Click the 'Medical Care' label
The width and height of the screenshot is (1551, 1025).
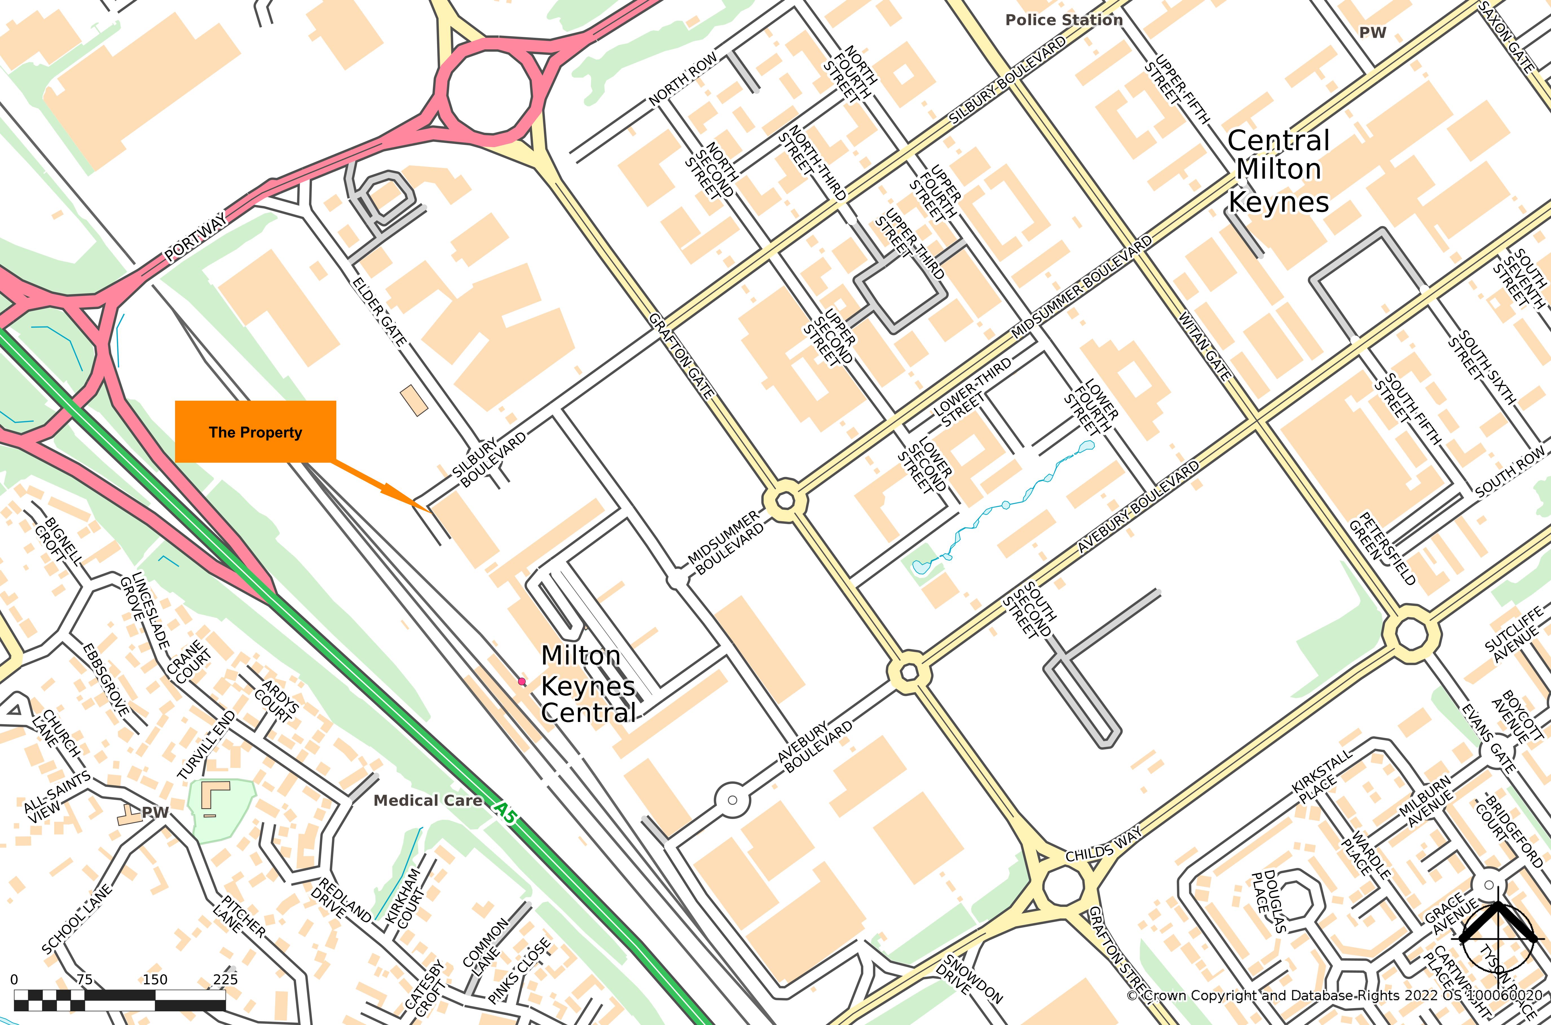[x=428, y=800]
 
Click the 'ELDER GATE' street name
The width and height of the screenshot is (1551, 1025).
[x=379, y=312]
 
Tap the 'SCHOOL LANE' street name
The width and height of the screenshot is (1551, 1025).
[x=76, y=920]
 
